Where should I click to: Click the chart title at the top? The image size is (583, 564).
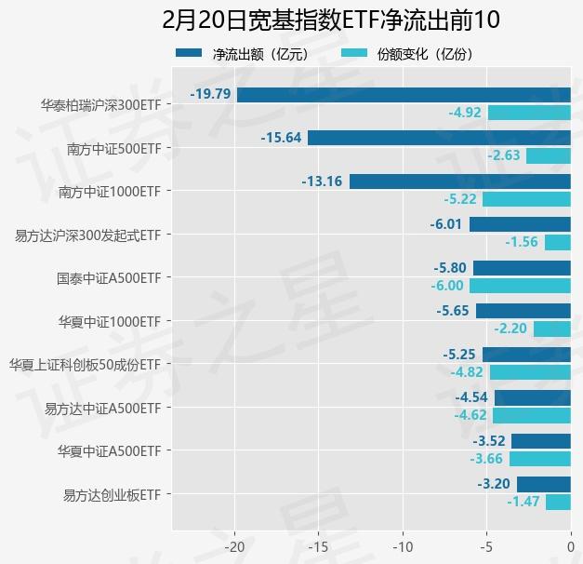point(291,20)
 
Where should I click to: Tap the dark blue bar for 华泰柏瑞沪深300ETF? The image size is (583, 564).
point(404,94)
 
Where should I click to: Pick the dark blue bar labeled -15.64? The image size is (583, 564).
point(439,138)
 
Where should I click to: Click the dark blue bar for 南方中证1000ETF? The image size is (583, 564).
point(460,181)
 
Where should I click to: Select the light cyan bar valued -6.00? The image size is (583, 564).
point(520,286)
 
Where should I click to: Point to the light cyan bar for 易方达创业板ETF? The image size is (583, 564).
point(558,502)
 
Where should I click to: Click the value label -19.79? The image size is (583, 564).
point(210,94)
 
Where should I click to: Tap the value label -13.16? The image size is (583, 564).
point(322,181)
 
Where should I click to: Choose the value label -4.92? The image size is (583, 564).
point(465,113)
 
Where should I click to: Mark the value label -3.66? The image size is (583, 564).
point(486,459)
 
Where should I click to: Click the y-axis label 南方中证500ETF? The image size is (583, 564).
point(114,148)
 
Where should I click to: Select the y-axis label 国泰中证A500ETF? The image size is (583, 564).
point(109,277)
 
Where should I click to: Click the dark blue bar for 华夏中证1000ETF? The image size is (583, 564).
point(523,311)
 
